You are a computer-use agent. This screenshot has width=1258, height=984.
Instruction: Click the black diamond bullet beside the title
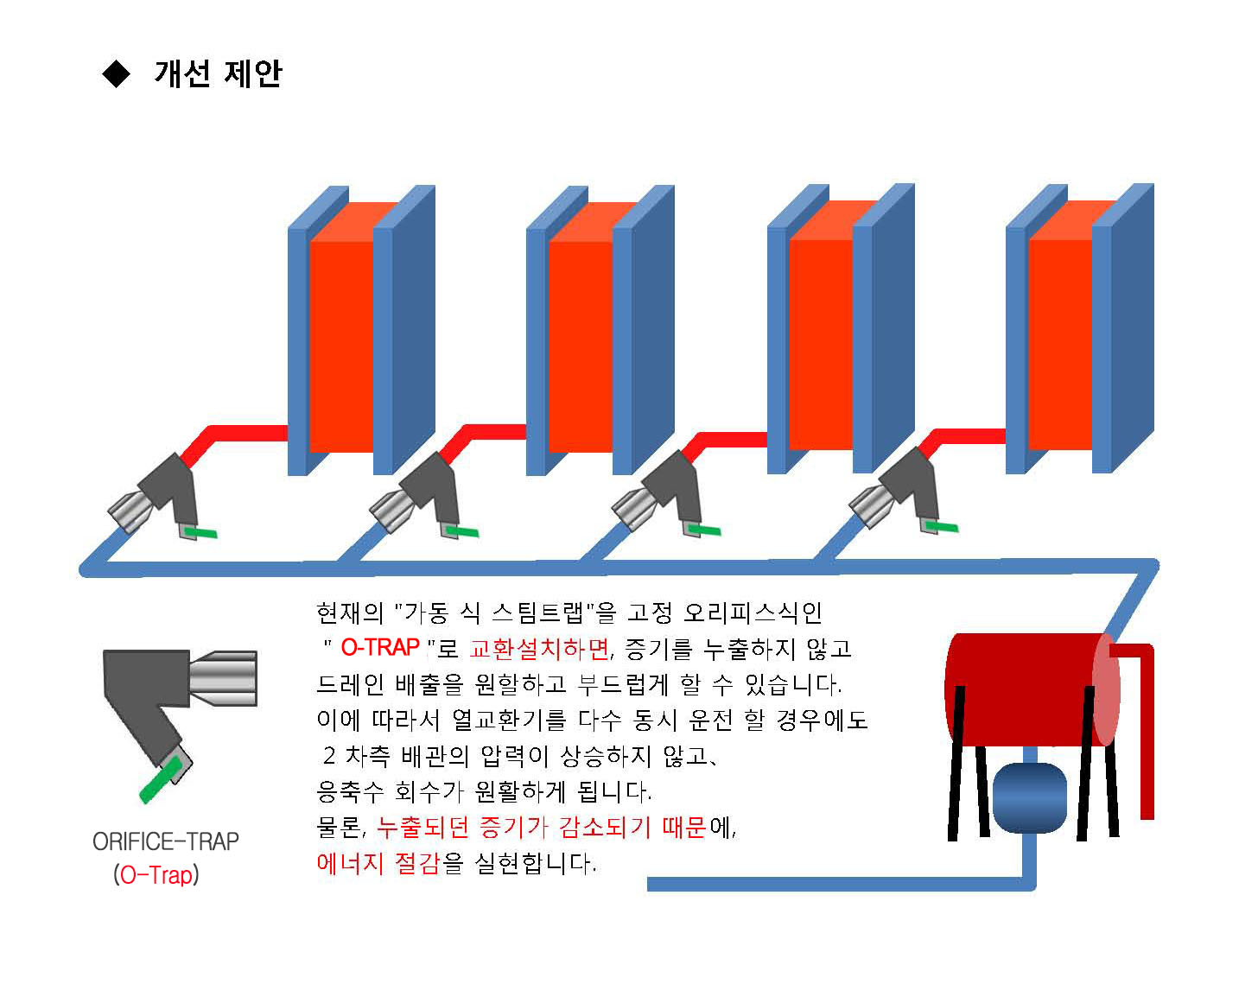coord(116,74)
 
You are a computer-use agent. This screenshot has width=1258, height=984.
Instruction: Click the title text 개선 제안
coord(218,73)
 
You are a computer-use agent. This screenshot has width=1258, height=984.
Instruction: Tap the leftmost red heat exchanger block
coord(341,346)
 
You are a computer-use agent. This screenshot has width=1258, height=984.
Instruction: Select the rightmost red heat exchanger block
coord(1060,344)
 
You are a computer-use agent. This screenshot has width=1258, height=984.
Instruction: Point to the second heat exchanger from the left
coord(581,346)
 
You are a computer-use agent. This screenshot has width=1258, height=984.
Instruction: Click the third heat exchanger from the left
coord(821,344)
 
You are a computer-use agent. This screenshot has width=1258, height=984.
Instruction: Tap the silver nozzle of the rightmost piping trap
coord(869,505)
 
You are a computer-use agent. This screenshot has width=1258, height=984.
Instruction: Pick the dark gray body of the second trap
coord(432,485)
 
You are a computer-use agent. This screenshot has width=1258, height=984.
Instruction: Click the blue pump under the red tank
coord(1029,797)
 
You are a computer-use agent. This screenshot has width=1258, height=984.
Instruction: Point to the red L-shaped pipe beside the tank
coord(1145,726)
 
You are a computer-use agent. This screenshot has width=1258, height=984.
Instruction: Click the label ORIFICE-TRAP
coord(165,841)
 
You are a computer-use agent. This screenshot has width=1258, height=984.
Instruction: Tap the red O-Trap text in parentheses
coord(156,875)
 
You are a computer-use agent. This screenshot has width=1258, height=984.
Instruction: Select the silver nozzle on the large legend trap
coord(223,678)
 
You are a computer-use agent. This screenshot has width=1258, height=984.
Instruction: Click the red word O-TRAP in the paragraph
coord(380,647)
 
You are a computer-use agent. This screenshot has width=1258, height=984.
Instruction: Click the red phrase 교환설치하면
coord(539,648)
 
